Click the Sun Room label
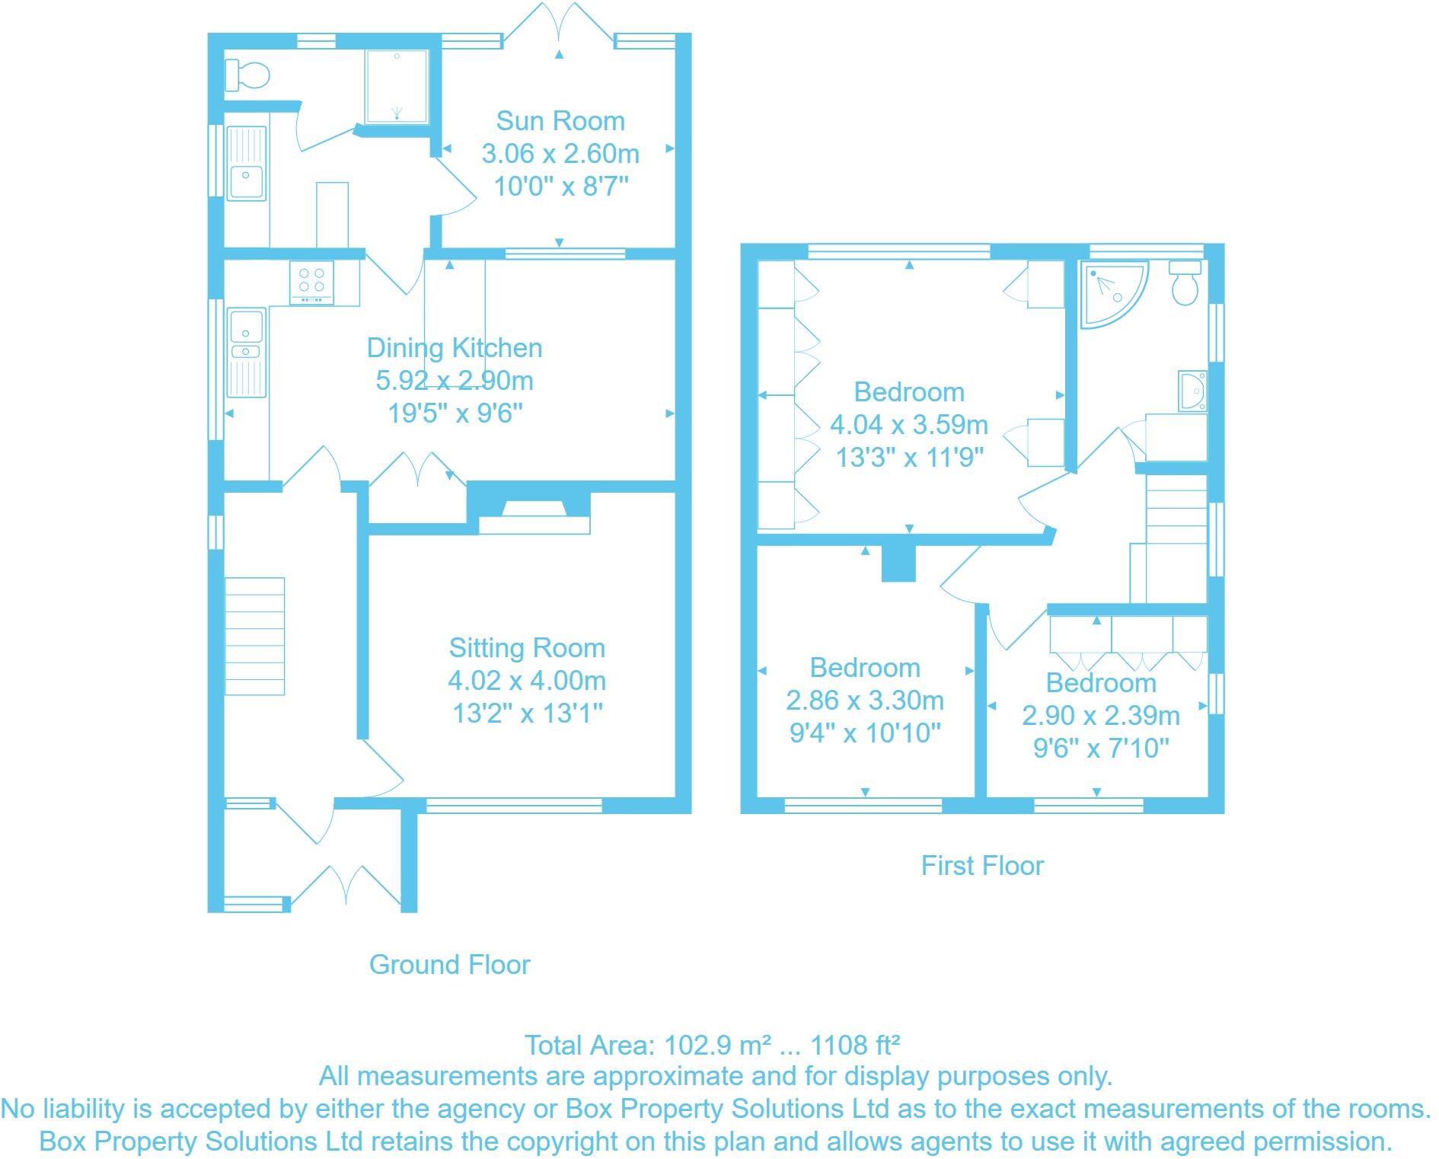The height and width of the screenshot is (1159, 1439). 560,121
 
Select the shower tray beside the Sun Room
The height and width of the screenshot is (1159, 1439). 397,86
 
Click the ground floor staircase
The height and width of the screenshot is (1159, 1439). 254,636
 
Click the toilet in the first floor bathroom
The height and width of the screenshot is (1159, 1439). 1185,283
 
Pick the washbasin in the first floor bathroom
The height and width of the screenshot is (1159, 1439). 1192,391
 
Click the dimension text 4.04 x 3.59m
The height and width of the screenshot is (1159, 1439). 909,424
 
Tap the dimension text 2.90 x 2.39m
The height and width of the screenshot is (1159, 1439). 1101,716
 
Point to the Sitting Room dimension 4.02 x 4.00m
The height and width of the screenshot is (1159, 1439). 527,681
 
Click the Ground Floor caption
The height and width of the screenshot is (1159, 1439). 449,965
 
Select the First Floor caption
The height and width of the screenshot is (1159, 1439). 982,866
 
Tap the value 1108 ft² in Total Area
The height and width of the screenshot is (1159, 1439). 857,1045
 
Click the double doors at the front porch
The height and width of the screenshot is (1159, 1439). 346,888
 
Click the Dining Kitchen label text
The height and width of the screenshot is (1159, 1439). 455,348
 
